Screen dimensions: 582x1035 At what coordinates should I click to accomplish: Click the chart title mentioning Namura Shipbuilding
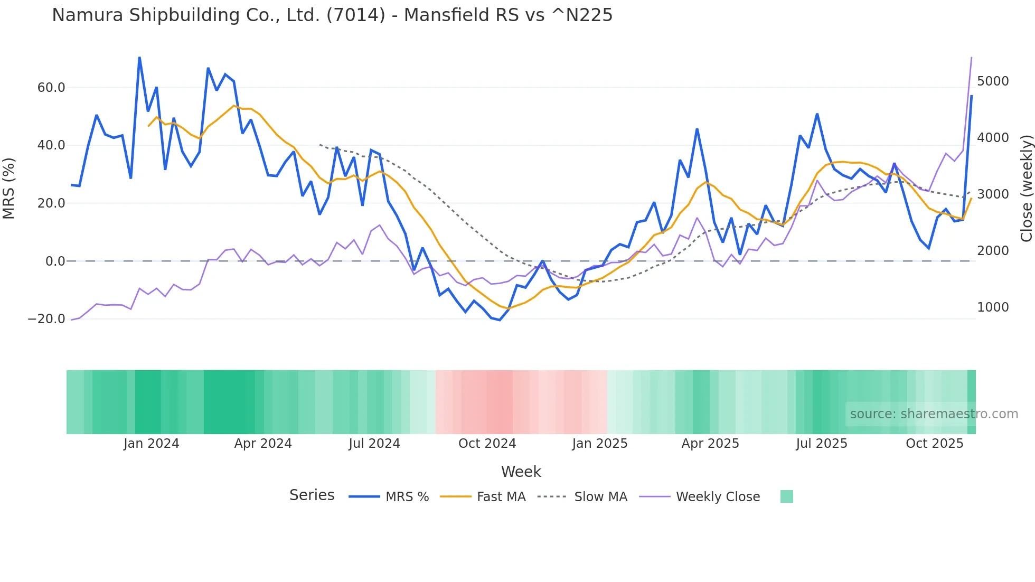tap(332, 15)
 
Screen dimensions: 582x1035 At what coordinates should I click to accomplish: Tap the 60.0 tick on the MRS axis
tap(51, 88)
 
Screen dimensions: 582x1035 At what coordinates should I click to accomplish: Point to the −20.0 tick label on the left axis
tap(46, 319)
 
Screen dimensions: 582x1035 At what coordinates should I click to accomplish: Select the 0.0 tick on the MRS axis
tap(55, 261)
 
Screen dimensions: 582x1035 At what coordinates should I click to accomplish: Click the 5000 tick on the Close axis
tap(993, 81)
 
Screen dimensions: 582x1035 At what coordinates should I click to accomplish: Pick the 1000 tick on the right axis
tap(993, 307)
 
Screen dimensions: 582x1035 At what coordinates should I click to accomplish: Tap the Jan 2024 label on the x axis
tap(152, 444)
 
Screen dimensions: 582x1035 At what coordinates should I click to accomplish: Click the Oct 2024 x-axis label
tap(487, 444)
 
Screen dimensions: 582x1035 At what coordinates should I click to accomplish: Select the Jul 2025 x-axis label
tap(822, 444)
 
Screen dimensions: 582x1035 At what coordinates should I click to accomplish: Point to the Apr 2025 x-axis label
tap(710, 444)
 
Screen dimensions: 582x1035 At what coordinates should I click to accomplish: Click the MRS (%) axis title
tap(9, 189)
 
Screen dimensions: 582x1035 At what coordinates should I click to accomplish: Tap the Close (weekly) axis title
tap(1026, 189)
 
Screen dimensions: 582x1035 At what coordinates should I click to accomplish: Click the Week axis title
tap(521, 472)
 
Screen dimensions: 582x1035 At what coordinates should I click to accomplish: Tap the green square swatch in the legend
tap(787, 496)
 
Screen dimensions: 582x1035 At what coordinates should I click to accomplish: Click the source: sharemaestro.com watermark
tap(934, 414)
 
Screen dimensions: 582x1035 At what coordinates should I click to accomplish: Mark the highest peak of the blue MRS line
tap(139, 57)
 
